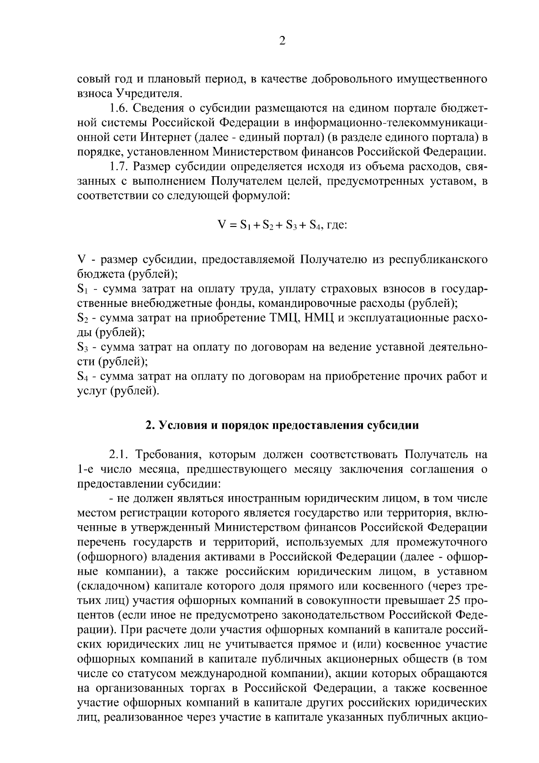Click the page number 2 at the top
coord(282,41)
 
